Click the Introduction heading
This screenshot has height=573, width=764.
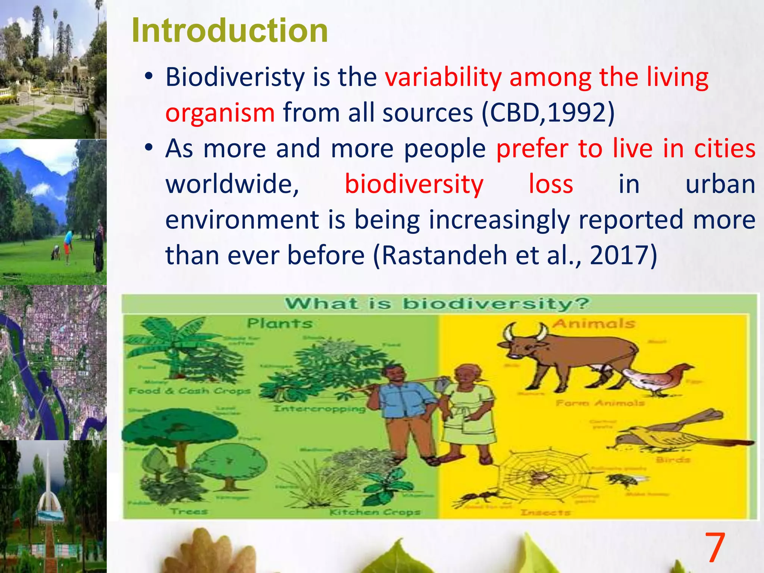tap(229, 31)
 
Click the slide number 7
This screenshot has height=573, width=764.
tap(714, 548)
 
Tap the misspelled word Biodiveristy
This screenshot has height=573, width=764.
tap(235, 77)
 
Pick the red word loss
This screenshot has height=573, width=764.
tap(551, 184)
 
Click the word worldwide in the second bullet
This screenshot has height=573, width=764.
tap(232, 184)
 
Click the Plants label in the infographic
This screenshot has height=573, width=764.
tap(279, 323)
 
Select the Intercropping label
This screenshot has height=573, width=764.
tap(319, 408)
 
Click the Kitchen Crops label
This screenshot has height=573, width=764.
tap(375, 512)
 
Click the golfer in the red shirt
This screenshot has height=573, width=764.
tap(67, 244)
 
